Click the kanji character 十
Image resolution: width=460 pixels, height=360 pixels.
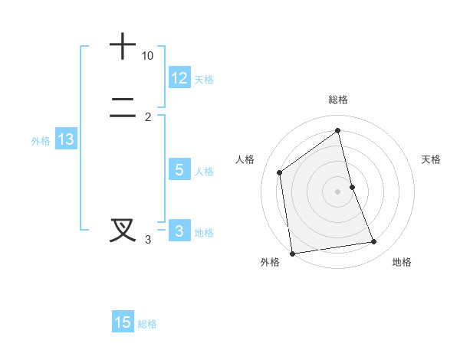click(x=123, y=46)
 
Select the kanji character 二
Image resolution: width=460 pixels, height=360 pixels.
click(x=123, y=108)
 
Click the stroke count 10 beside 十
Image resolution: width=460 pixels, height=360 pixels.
click(x=148, y=56)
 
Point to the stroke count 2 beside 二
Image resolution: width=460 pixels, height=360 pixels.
click(x=148, y=116)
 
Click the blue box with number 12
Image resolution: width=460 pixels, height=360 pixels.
click(x=179, y=77)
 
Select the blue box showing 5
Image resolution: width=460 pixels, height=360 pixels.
click(x=179, y=170)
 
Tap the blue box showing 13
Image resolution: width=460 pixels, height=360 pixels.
click(x=66, y=139)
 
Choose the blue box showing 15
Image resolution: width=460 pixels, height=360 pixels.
click(x=123, y=322)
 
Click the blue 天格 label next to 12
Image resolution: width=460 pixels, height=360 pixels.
click(x=204, y=79)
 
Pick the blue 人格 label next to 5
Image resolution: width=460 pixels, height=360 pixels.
click(x=204, y=172)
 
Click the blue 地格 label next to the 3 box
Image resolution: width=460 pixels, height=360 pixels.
click(x=204, y=233)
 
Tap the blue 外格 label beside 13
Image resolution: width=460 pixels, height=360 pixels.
click(x=41, y=141)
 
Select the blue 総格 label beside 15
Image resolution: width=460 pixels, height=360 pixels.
click(x=147, y=324)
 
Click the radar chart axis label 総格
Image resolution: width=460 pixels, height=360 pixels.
click(x=338, y=100)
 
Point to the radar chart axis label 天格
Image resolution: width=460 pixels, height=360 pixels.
click(x=432, y=159)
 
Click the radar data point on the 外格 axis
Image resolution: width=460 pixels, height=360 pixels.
click(x=292, y=253)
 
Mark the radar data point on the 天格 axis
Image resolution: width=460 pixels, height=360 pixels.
click(x=352, y=187)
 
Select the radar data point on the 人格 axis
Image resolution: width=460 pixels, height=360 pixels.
click(x=280, y=172)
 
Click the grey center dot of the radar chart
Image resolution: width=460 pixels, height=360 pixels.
click(x=338, y=191)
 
